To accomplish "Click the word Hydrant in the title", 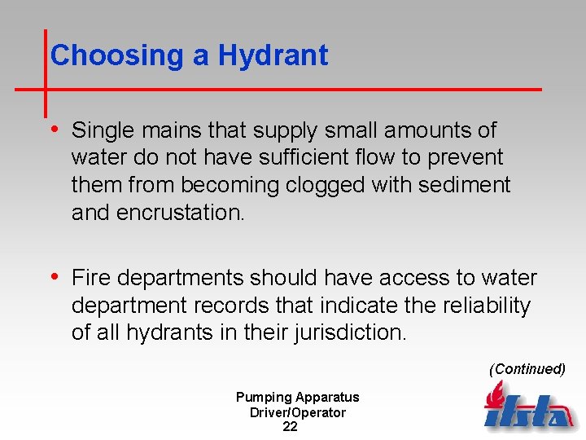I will [x=273, y=55].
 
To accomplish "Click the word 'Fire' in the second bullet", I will [x=87, y=279].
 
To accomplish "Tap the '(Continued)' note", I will [x=527, y=369].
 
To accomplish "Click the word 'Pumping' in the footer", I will [x=263, y=398].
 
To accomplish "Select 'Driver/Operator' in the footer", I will [x=297, y=412].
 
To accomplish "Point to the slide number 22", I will [x=290, y=427].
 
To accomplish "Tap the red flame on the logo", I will [x=493, y=396].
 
